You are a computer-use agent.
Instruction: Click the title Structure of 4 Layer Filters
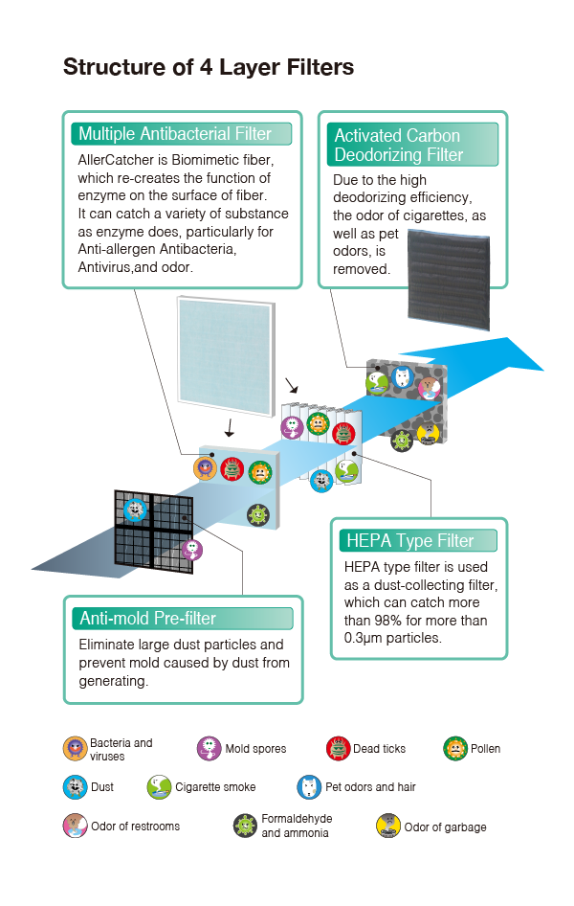coord(209,67)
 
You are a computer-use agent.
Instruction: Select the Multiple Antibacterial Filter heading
coord(175,133)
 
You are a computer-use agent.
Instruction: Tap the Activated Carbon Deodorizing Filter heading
coord(399,145)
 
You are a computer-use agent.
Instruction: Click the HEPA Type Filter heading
coord(409,540)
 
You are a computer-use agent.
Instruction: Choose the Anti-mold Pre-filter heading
coord(147,619)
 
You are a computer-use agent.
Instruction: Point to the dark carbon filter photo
coord(449,281)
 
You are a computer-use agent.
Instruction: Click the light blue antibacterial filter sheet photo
coord(226,356)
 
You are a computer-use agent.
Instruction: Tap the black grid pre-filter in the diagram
coord(153,531)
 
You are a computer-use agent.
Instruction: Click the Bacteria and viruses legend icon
coord(75,749)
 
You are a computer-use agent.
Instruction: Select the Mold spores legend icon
coord(209,749)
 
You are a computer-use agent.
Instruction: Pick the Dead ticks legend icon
coord(338,749)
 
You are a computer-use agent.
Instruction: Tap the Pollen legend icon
coord(455,749)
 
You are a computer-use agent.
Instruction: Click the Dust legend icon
coord(75,787)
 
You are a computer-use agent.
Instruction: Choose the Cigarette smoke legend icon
coord(159,787)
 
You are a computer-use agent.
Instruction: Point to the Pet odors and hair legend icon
coord(309,787)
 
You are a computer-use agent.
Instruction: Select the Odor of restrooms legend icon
coord(75,826)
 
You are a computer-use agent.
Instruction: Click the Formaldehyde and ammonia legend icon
coord(245,826)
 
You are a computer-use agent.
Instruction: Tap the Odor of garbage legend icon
coord(388,826)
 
